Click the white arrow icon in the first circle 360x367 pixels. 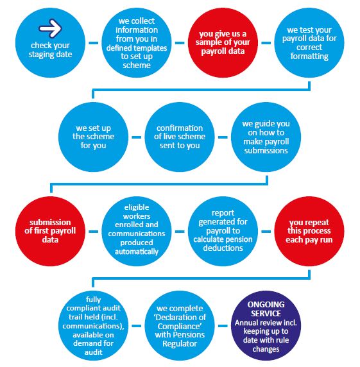pos(50,28)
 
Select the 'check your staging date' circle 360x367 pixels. pos(50,42)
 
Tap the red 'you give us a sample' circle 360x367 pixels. pos(223,42)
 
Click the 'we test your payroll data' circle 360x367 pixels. pos(309,42)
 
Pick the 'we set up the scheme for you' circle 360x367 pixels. pos(94,137)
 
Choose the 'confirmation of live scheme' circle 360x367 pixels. pos(180,137)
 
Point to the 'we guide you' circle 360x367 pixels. pos(266,137)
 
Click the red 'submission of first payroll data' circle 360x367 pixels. pos(50,231)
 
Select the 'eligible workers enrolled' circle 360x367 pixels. pos(137,231)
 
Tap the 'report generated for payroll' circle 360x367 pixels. pos(223,231)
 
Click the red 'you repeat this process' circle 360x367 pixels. pos(309,231)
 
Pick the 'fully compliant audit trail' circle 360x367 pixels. pos(94,325)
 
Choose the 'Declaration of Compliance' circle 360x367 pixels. pos(180,325)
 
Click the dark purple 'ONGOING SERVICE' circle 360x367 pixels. pos(266,325)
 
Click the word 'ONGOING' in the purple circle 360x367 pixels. pos(266,305)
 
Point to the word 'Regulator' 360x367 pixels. pos(180,344)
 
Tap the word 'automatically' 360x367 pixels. pos(137,252)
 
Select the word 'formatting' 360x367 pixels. pos(309,56)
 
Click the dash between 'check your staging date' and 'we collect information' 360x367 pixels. pos(94,43)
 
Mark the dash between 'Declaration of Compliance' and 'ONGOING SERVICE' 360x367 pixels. pos(223,326)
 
